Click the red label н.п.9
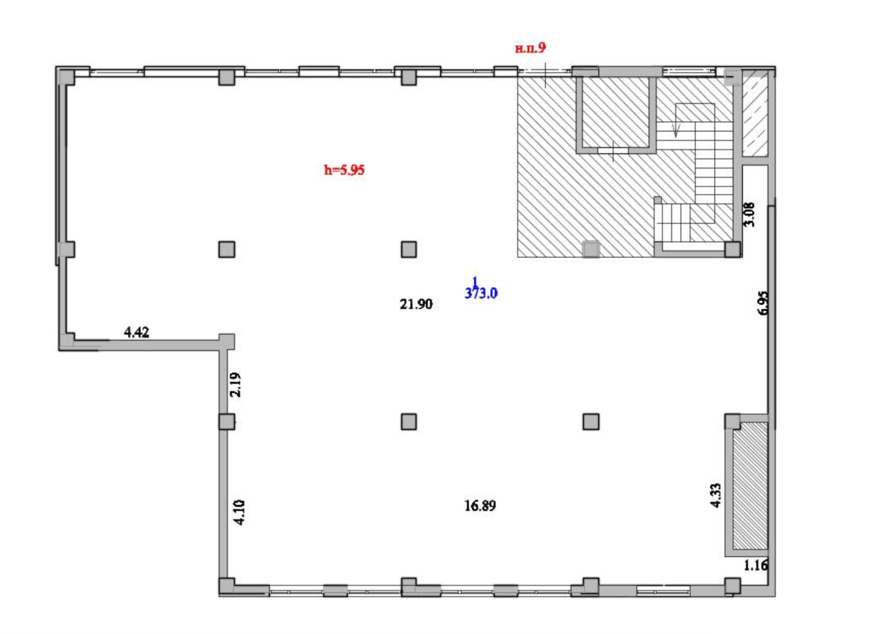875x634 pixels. click(x=530, y=48)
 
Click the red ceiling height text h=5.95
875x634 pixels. click(x=344, y=170)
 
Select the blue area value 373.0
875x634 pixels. click(x=481, y=293)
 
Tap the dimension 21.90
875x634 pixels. click(x=416, y=304)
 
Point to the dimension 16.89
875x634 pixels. click(x=480, y=506)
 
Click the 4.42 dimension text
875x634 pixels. click(x=136, y=332)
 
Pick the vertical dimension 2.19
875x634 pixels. click(x=235, y=385)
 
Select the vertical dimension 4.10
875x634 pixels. click(x=239, y=513)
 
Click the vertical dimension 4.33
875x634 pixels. click(x=715, y=495)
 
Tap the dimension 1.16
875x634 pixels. click(x=756, y=565)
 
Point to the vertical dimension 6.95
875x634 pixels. click(x=763, y=303)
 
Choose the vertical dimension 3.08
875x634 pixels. click(x=749, y=215)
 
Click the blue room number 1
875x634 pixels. click(x=475, y=281)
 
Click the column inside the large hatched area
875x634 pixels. click(x=591, y=249)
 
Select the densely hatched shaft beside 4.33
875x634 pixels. click(x=750, y=486)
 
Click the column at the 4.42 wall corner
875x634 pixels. click(x=227, y=342)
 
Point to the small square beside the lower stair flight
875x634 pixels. click(x=658, y=200)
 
